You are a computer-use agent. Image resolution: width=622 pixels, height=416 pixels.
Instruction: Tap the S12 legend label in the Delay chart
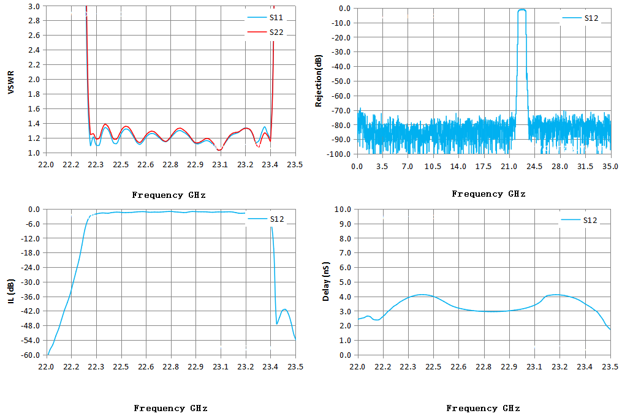(579, 220)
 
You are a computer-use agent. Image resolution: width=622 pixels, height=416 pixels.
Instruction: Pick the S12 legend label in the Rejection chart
(580, 18)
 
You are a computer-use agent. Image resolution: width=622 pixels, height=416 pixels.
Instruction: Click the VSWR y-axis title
(10, 83)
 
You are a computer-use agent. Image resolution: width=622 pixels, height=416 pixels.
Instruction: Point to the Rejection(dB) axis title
(318, 81)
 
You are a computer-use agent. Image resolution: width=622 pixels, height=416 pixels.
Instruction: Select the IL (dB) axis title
(10, 292)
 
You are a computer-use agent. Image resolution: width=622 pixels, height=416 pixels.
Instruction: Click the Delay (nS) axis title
(325, 281)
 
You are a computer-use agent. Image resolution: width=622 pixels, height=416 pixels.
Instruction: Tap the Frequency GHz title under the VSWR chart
(169, 195)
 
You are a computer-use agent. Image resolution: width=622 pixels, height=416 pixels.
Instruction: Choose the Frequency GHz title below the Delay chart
(483, 408)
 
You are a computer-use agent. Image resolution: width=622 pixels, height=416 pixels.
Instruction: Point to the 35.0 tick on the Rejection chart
(610, 167)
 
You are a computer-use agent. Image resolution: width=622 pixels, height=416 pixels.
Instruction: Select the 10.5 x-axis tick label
(433, 167)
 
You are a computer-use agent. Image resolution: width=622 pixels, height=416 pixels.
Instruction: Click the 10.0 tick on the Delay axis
(343, 209)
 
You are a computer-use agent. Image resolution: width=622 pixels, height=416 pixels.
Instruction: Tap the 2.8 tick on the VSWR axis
(34, 21)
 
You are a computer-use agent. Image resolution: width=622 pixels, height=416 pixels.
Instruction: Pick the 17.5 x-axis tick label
(484, 167)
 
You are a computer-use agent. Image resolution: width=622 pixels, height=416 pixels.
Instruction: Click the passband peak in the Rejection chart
(522, 10)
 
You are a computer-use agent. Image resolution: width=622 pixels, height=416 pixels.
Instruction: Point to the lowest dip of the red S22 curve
(219, 150)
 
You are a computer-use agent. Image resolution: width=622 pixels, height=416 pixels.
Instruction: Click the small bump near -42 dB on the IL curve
(284, 309)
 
